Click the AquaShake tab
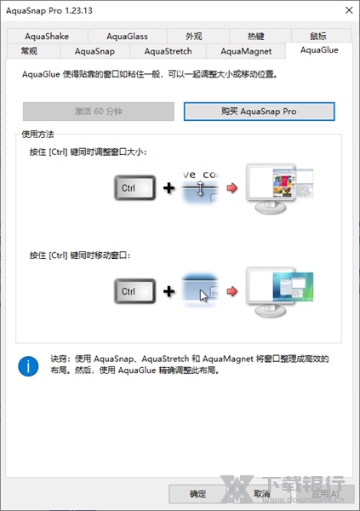[x=47, y=37]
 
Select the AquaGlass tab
[x=127, y=37]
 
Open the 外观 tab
[x=194, y=37]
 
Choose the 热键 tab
[x=256, y=37]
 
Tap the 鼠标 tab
[x=318, y=37]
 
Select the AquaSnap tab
[x=94, y=52]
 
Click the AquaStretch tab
[x=168, y=52]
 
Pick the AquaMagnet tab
[x=245, y=52]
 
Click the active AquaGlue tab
[x=318, y=51]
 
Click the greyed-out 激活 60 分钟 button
[x=98, y=112]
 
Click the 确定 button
[x=197, y=494]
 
